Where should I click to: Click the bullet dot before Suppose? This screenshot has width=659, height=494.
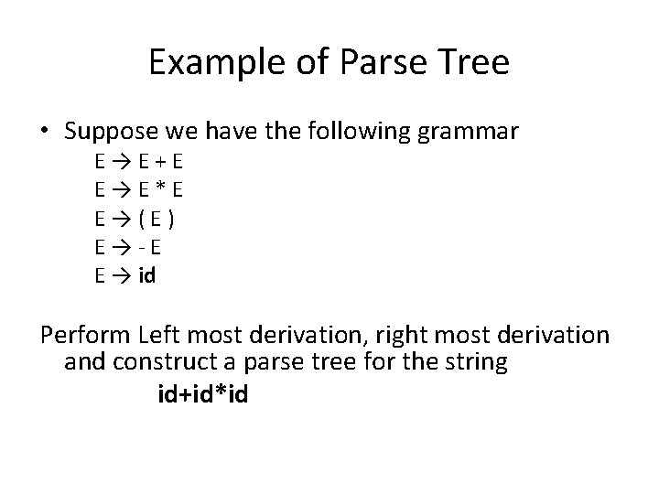[45, 133]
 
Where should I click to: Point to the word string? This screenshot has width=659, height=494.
[477, 363]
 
